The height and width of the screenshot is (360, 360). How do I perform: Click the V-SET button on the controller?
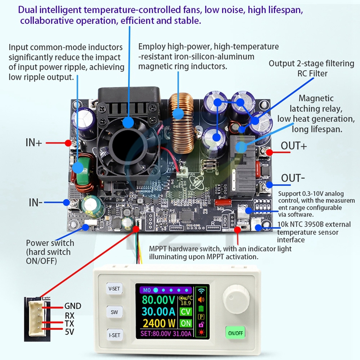click(x=113, y=288)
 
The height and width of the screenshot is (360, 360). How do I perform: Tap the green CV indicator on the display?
click(x=185, y=311)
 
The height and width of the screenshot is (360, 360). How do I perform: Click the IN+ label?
click(x=34, y=143)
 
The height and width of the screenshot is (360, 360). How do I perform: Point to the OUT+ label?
click(x=294, y=146)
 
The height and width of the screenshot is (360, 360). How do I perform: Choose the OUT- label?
click(x=293, y=178)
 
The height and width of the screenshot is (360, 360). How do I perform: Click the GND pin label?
click(x=73, y=306)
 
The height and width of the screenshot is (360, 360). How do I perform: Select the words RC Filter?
click(x=312, y=73)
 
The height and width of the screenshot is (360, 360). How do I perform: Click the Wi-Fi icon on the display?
click(x=200, y=290)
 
